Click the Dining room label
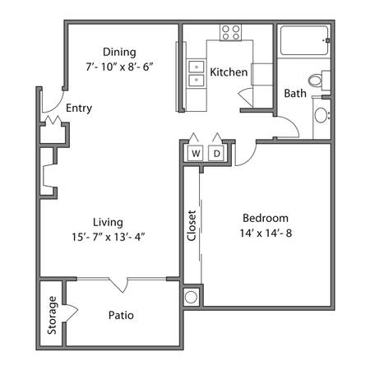(x=119, y=52)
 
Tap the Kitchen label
(x=229, y=72)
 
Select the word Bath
(x=295, y=94)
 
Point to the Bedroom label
(x=266, y=218)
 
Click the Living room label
(x=108, y=222)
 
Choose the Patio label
(x=121, y=315)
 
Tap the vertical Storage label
(x=52, y=315)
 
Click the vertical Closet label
(x=192, y=225)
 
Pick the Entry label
(x=79, y=108)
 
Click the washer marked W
(x=196, y=153)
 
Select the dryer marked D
(x=216, y=153)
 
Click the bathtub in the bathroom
(x=304, y=40)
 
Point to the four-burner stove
(x=231, y=32)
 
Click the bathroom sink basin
(x=321, y=115)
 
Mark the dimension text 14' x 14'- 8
(x=266, y=234)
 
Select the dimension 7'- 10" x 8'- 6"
(x=119, y=67)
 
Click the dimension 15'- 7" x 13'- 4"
(x=109, y=237)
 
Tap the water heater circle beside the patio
(x=191, y=297)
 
